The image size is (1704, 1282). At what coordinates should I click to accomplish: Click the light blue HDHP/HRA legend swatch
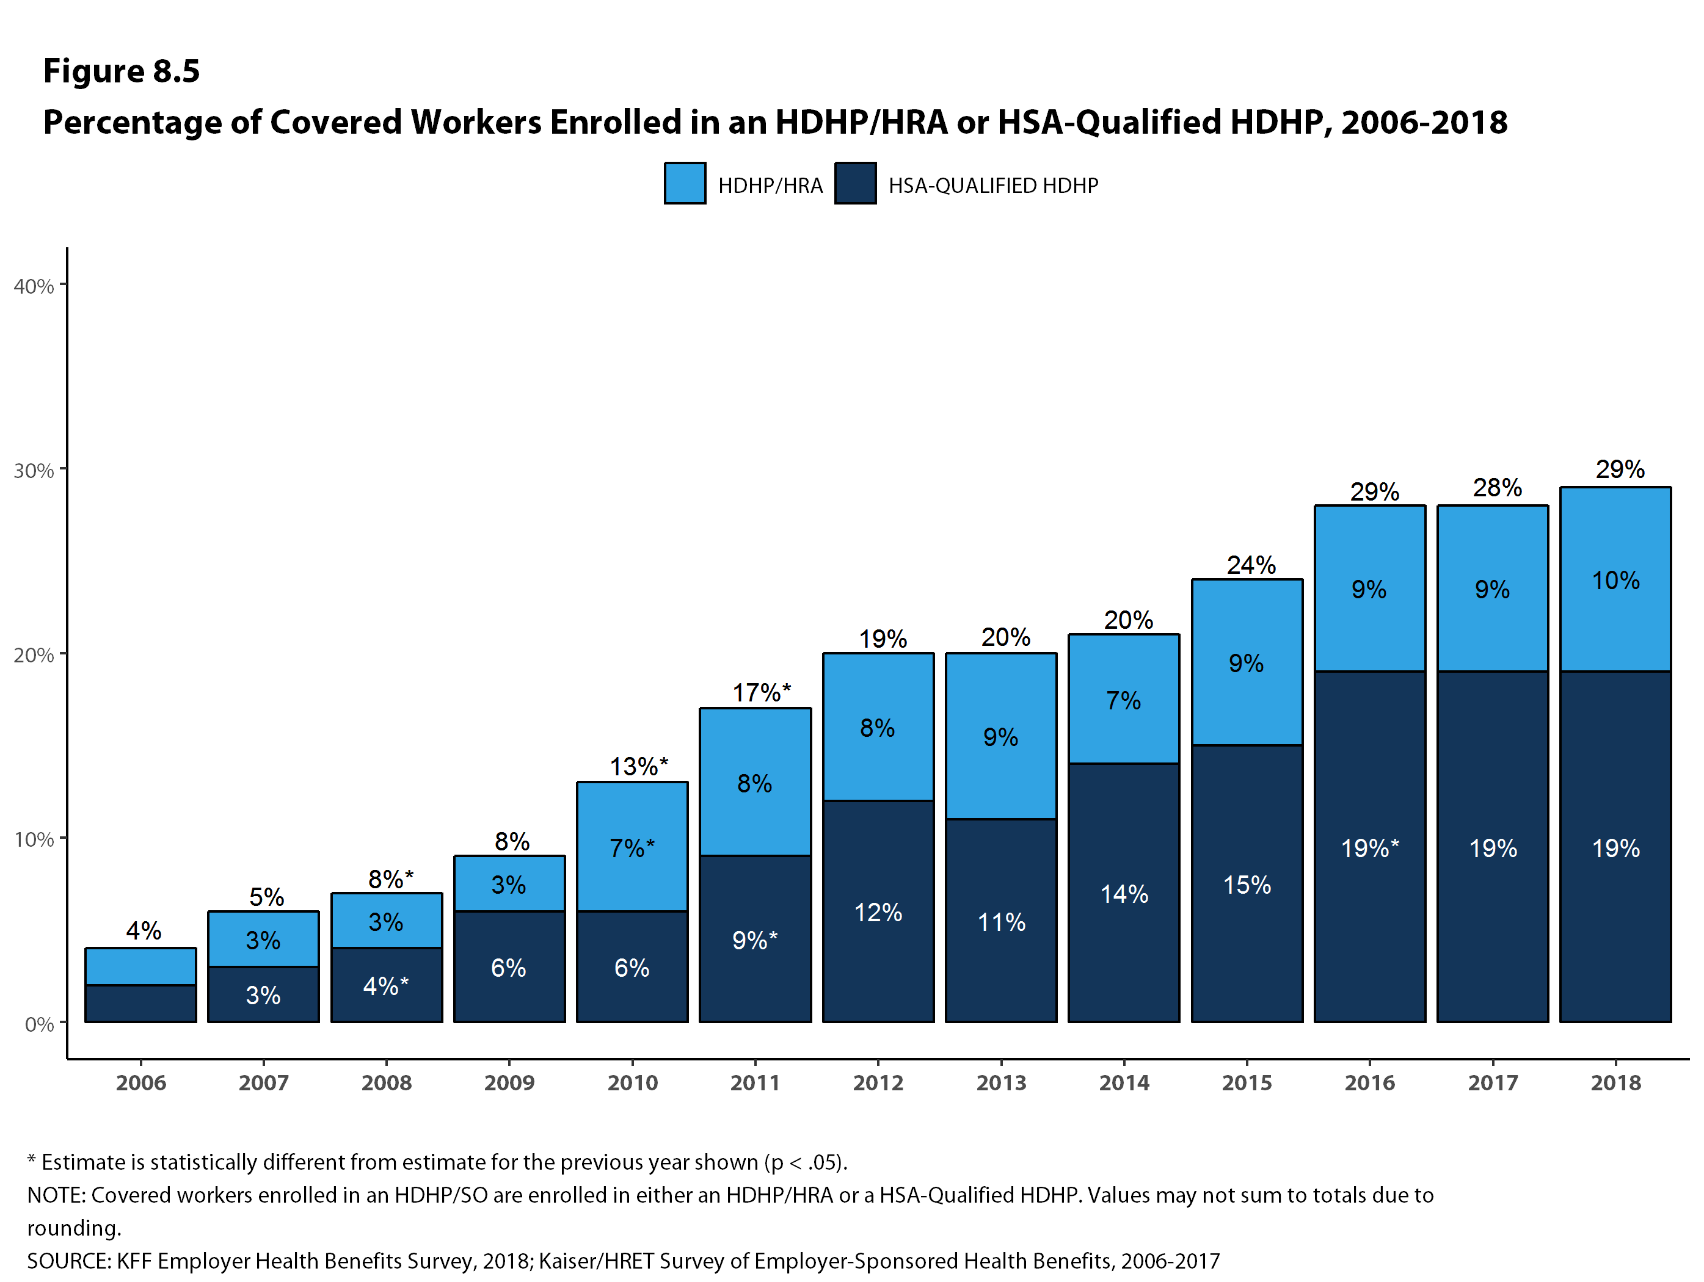(684, 183)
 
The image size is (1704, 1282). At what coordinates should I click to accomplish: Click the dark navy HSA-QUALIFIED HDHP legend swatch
(854, 183)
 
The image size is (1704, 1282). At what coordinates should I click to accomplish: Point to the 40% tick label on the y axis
(34, 286)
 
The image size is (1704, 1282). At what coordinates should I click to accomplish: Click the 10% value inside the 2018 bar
(1615, 581)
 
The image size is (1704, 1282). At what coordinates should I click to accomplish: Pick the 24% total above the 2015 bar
(1251, 565)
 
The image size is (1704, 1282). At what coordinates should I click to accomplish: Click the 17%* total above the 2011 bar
(761, 693)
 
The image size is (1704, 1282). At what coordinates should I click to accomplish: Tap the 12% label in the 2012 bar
(878, 913)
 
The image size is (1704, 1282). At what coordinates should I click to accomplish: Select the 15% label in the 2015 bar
(1247, 885)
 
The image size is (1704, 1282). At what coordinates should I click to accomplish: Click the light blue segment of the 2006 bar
(141, 966)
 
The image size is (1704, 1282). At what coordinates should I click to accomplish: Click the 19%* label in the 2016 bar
(1370, 849)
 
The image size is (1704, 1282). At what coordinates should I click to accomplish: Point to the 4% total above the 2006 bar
(144, 931)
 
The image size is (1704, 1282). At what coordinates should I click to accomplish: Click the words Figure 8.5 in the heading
(122, 71)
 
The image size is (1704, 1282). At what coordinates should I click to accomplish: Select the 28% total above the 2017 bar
(1497, 487)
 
